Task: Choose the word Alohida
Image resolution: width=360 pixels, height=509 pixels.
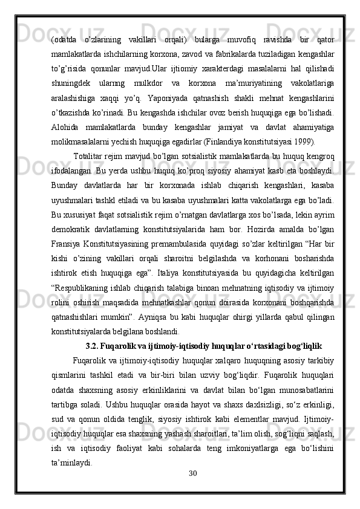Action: pyautogui.click(x=66, y=128)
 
